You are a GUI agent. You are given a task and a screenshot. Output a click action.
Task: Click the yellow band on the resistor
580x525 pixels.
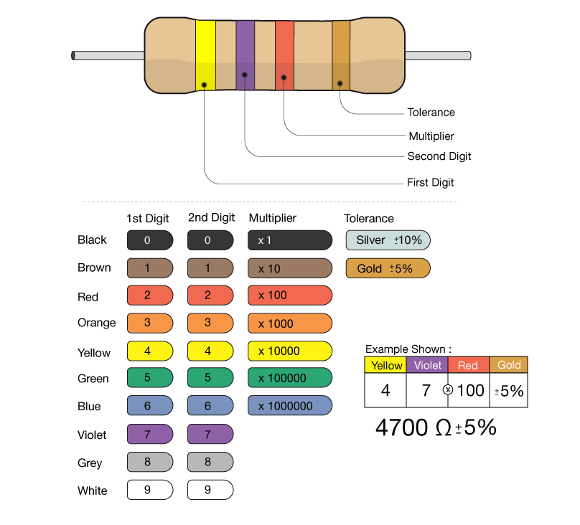205,56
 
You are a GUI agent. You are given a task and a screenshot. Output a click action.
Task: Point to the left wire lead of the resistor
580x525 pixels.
108,55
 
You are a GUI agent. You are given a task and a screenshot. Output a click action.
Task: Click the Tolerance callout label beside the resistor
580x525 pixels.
431,113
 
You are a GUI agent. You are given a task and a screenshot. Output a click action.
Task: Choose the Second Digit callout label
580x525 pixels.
439,156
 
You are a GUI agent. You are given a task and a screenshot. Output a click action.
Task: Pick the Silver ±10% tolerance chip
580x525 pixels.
388,240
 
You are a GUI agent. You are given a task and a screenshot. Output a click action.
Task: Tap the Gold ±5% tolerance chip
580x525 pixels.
388,269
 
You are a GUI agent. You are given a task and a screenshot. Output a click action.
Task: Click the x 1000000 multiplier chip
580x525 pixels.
290,406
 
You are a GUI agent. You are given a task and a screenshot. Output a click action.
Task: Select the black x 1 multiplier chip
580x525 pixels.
290,240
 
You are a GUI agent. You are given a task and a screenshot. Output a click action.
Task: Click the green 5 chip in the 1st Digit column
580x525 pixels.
149,378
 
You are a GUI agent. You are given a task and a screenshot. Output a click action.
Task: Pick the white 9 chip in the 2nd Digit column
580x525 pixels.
210,491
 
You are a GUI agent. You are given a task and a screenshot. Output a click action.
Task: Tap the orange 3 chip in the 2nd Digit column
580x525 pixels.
210,323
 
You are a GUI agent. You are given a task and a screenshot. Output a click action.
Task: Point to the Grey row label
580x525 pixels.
90,463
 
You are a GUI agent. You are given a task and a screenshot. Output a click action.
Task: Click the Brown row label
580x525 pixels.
94,268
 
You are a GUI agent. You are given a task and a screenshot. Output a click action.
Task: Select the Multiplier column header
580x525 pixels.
272,218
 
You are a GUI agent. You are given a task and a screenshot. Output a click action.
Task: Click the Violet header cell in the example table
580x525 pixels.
428,365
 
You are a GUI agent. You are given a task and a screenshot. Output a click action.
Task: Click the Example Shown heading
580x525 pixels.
408,349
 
